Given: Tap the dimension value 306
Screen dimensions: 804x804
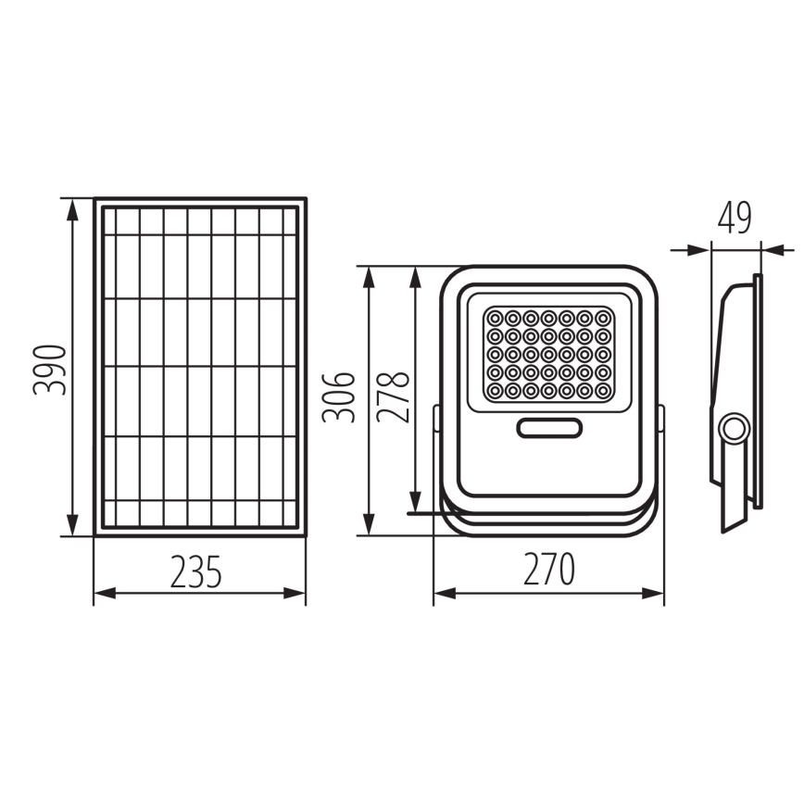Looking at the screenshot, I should (339, 396).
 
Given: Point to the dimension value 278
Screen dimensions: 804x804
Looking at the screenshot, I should (395, 396).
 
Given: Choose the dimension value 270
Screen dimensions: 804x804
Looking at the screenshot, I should (548, 569).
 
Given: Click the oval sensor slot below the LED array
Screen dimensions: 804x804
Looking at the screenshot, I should (549, 428).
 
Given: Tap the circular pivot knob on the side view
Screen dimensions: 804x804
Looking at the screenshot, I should (735, 429).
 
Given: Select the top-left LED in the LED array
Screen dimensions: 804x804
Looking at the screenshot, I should (494, 318).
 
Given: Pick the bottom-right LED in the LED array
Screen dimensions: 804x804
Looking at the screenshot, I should (603, 391).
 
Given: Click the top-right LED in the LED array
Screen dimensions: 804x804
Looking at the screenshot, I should (603, 318).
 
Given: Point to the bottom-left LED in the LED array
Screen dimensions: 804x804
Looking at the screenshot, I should (494, 391).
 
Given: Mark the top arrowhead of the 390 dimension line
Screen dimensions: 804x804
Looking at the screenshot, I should (72, 206).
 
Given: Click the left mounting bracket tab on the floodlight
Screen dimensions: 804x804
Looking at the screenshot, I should (437, 418).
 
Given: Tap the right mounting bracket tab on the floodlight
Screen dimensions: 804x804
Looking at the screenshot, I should (661, 418).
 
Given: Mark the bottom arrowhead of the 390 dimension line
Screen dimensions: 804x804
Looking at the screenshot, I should (72, 527).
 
